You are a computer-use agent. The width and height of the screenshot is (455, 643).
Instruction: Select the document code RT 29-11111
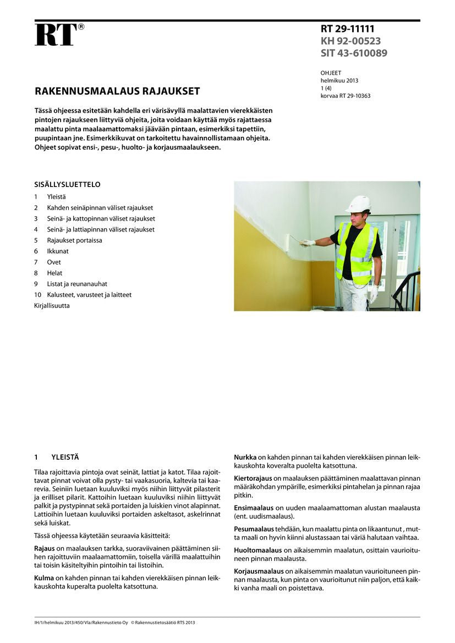click(x=351, y=29)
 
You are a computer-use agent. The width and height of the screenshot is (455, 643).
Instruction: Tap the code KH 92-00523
click(x=350, y=41)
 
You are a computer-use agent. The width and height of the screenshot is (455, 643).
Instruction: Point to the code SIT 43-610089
click(x=354, y=53)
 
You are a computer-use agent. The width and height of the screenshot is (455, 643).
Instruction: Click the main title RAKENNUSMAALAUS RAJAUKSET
click(x=117, y=91)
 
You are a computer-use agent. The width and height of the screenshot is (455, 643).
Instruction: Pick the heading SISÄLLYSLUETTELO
click(x=67, y=185)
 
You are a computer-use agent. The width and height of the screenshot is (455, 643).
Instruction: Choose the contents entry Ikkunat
click(x=58, y=251)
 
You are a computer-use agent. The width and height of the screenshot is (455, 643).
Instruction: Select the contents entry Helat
click(x=54, y=273)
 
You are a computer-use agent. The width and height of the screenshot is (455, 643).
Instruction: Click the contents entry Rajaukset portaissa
click(x=74, y=240)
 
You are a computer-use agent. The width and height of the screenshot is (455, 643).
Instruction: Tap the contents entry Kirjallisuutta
click(x=52, y=305)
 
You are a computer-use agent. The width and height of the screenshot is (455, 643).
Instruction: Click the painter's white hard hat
click(x=358, y=204)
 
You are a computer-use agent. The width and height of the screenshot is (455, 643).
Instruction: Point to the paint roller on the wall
click(x=289, y=242)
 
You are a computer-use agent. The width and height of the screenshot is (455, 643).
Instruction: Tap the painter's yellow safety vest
click(x=356, y=253)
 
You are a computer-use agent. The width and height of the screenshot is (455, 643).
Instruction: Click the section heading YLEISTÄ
click(x=65, y=457)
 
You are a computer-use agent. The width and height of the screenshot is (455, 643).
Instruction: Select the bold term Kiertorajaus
click(x=252, y=478)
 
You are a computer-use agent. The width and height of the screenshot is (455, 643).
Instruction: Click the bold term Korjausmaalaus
click(x=257, y=571)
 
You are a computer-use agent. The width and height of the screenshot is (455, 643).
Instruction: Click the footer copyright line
click(x=114, y=623)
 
